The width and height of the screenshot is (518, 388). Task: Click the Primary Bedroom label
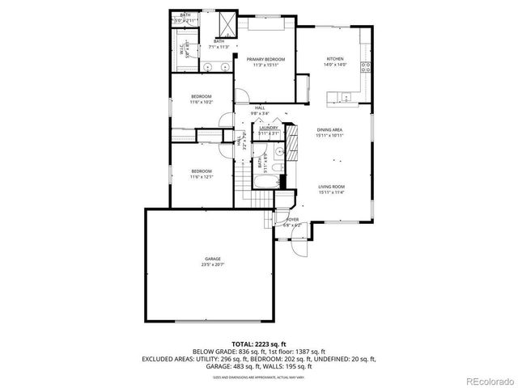click(265, 61)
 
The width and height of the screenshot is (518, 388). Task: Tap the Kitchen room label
click(336, 61)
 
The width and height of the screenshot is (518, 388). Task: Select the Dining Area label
click(329, 132)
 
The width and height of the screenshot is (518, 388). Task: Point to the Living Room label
click(331, 189)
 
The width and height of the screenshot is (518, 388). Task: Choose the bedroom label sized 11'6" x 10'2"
click(202, 99)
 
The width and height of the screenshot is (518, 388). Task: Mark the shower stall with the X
click(231, 23)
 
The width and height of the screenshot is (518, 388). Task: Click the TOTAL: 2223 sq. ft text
click(258, 344)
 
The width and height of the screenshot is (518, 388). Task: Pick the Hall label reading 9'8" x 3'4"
click(260, 111)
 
